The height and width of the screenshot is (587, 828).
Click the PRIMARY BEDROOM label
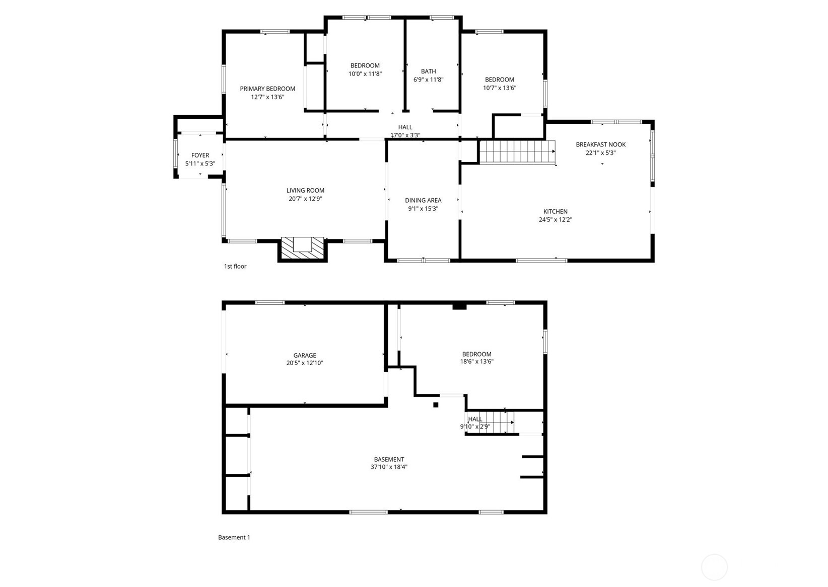pyautogui.click(x=267, y=89)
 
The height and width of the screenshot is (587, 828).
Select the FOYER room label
pyautogui.click(x=200, y=155)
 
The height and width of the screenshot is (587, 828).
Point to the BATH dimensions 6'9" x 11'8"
pyautogui.click(x=428, y=80)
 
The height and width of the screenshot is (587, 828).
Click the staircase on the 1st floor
pyautogui.click(x=517, y=152)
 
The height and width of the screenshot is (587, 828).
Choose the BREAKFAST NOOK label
pyautogui.click(x=600, y=145)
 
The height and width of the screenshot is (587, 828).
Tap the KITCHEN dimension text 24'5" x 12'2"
pyautogui.click(x=555, y=220)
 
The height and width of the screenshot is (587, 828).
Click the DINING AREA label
pyautogui.click(x=423, y=200)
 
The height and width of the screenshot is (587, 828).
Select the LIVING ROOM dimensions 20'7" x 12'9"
pyautogui.click(x=305, y=199)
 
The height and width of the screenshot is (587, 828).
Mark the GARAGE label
pyautogui.click(x=305, y=355)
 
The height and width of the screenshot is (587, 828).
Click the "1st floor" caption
pyautogui.click(x=235, y=267)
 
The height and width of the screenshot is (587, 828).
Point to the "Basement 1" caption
pyautogui.click(x=234, y=538)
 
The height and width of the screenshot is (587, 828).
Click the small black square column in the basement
pyautogui.click(x=436, y=405)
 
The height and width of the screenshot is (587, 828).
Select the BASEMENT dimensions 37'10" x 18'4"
pyautogui.click(x=389, y=467)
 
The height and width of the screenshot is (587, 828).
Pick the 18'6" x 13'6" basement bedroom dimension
pyautogui.click(x=476, y=362)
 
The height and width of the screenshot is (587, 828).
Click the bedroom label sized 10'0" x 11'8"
pyautogui.click(x=365, y=66)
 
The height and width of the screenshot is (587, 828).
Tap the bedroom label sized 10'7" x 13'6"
pyautogui.click(x=499, y=80)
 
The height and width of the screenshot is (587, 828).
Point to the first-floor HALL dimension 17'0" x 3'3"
pyautogui.click(x=405, y=135)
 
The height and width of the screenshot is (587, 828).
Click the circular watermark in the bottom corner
pyautogui.click(x=714, y=567)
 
